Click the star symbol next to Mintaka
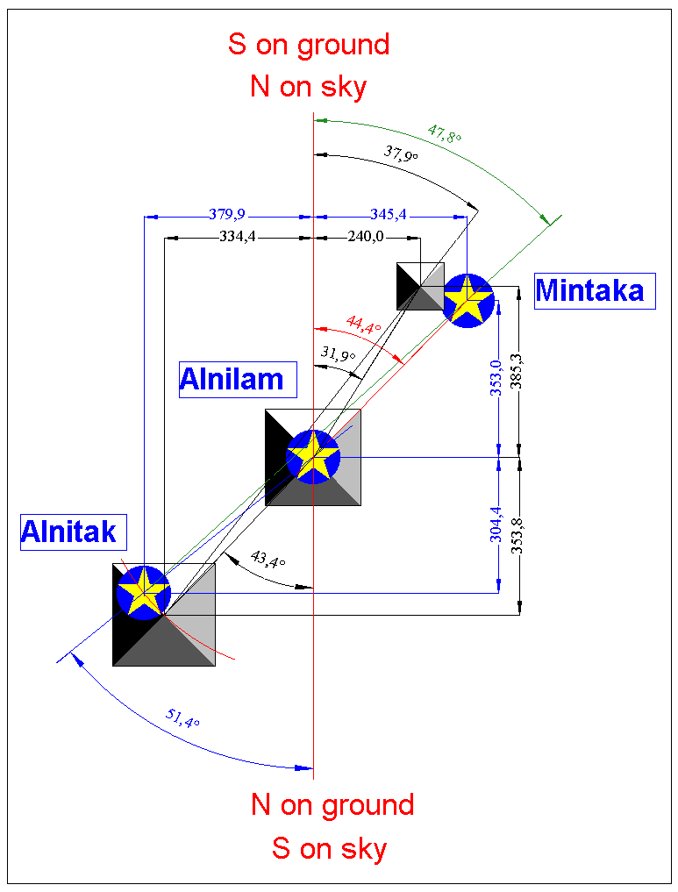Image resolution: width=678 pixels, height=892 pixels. click(x=467, y=300)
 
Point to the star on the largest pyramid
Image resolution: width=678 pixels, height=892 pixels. click(x=144, y=592)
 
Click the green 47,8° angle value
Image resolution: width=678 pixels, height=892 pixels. click(x=445, y=134)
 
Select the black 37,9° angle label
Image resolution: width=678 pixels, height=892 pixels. click(x=401, y=153)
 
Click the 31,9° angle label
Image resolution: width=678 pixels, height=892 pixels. click(x=339, y=354)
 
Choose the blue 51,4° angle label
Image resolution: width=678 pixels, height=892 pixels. click(x=182, y=718)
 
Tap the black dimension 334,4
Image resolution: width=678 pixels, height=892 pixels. click(x=238, y=237)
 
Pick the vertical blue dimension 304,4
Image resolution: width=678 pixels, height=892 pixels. click(x=496, y=524)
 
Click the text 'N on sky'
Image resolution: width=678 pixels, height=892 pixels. click(x=308, y=86)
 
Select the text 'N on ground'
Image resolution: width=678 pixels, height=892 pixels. click(x=332, y=804)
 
